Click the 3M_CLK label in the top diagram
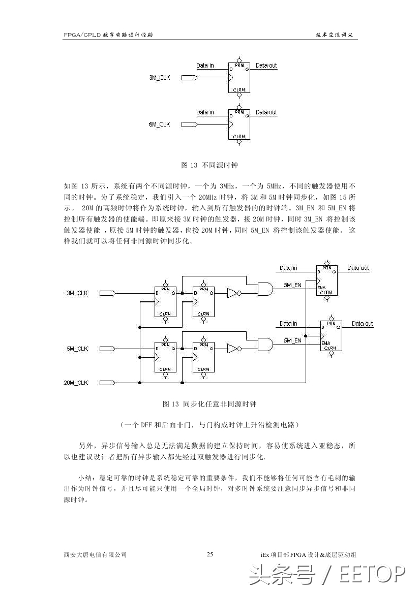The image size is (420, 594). [159, 78]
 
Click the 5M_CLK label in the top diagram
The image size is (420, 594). [159, 124]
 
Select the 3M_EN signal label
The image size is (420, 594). [292, 286]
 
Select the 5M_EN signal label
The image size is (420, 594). [292, 340]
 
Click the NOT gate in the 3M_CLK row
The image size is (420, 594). [233, 293]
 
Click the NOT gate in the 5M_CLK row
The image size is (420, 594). [233, 349]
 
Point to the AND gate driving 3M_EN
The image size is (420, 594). [265, 289]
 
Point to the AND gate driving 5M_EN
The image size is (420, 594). [265, 345]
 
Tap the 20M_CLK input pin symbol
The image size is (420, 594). [107, 383]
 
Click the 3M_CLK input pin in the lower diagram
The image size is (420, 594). [107, 293]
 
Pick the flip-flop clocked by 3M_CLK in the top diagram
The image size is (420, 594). [239, 78]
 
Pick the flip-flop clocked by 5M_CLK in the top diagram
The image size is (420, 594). [239, 124]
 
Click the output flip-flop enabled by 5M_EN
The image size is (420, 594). [331, 336]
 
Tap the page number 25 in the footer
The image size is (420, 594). [210, 554]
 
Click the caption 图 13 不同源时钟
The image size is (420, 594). [210, 165]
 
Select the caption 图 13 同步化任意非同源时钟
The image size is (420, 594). [210, 404]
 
